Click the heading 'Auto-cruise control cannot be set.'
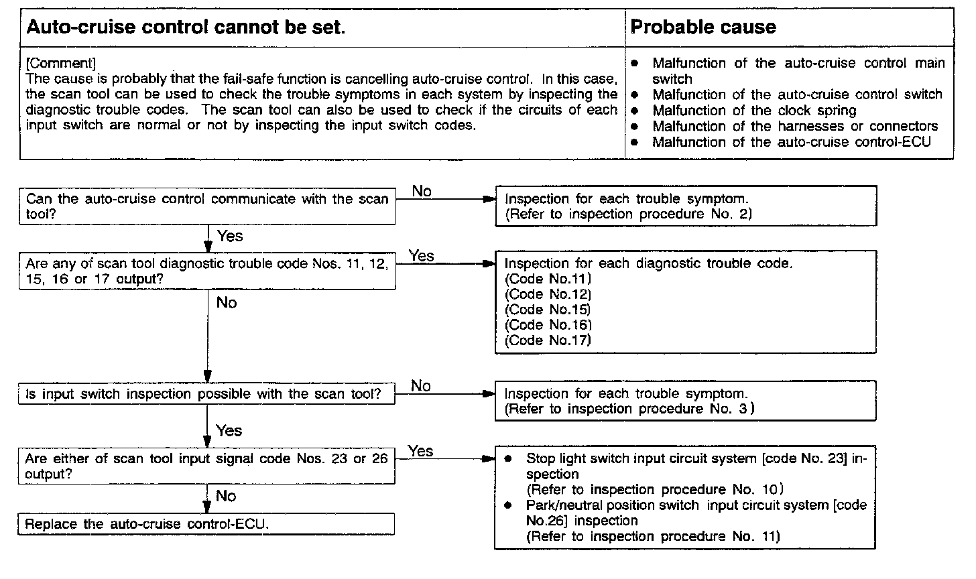tap(185, 27)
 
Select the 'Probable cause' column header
tap(703, 27)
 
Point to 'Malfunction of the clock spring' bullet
tap(754, 111)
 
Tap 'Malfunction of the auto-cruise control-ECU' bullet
tap(791, 142)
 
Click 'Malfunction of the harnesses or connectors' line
tap(795, 126)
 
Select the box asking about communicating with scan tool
tap(206, 206)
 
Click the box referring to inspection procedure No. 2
tap(685, 206)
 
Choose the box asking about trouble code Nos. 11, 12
tap(206, 271)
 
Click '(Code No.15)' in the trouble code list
tap(548, 310)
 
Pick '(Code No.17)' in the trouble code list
tap(548, 340)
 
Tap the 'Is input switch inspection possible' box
tap(206, 394)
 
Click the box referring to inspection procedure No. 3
tap(685, 401)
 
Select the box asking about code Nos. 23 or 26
tap(206, 466)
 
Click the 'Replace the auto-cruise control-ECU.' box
tap(206, 524)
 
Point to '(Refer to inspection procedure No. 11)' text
tap(654, 536)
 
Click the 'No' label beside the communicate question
tap(422, 192)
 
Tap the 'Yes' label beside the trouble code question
tap(422, 256)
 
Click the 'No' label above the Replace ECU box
tap(227, 496)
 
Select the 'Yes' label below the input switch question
tap(229, 430)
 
